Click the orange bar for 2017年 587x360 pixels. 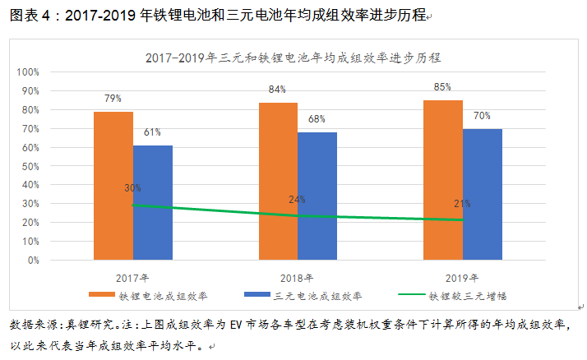click(x=113, y=186)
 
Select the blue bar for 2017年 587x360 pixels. click(x=152, y=202)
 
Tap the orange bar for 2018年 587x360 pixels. click(x=278, y=181)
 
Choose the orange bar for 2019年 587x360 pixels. click(x=442, y=180)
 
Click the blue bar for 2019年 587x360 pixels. click(x=482, y=194)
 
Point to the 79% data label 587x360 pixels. click(x=113, y=99)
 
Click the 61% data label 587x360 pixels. click(x=152, y=132)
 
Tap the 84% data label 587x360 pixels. click(x=278, y=89)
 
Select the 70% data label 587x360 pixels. click(x=482, y=115)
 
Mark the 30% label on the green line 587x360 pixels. click(x=132, y=188)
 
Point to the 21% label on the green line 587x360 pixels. click(x=462, y=203)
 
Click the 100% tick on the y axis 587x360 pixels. click(x=29, y=72)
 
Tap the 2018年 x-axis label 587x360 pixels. click(x=298, y=276)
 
